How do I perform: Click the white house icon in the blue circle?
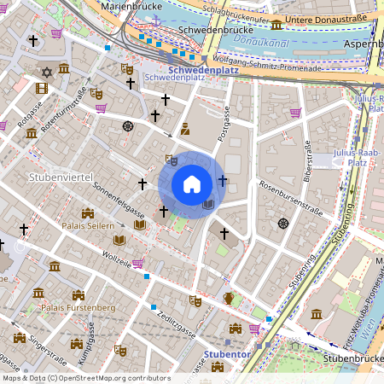tap(192, 183)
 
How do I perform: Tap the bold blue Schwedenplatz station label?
tap(202, 69)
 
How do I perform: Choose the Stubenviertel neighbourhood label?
tap(60, 177)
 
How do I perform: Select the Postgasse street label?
tap(224, 124)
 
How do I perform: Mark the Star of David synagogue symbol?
tap(48, 72)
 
